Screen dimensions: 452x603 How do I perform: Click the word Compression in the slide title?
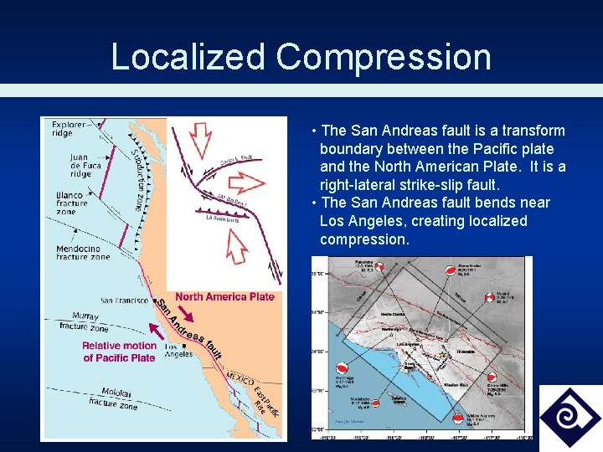point(384,57)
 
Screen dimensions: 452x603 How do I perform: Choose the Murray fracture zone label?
point(85,321)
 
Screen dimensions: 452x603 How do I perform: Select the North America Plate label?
point(224,296)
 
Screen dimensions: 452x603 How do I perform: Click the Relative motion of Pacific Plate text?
point(119,352)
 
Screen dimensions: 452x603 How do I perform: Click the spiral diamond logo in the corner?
point(570,417)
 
